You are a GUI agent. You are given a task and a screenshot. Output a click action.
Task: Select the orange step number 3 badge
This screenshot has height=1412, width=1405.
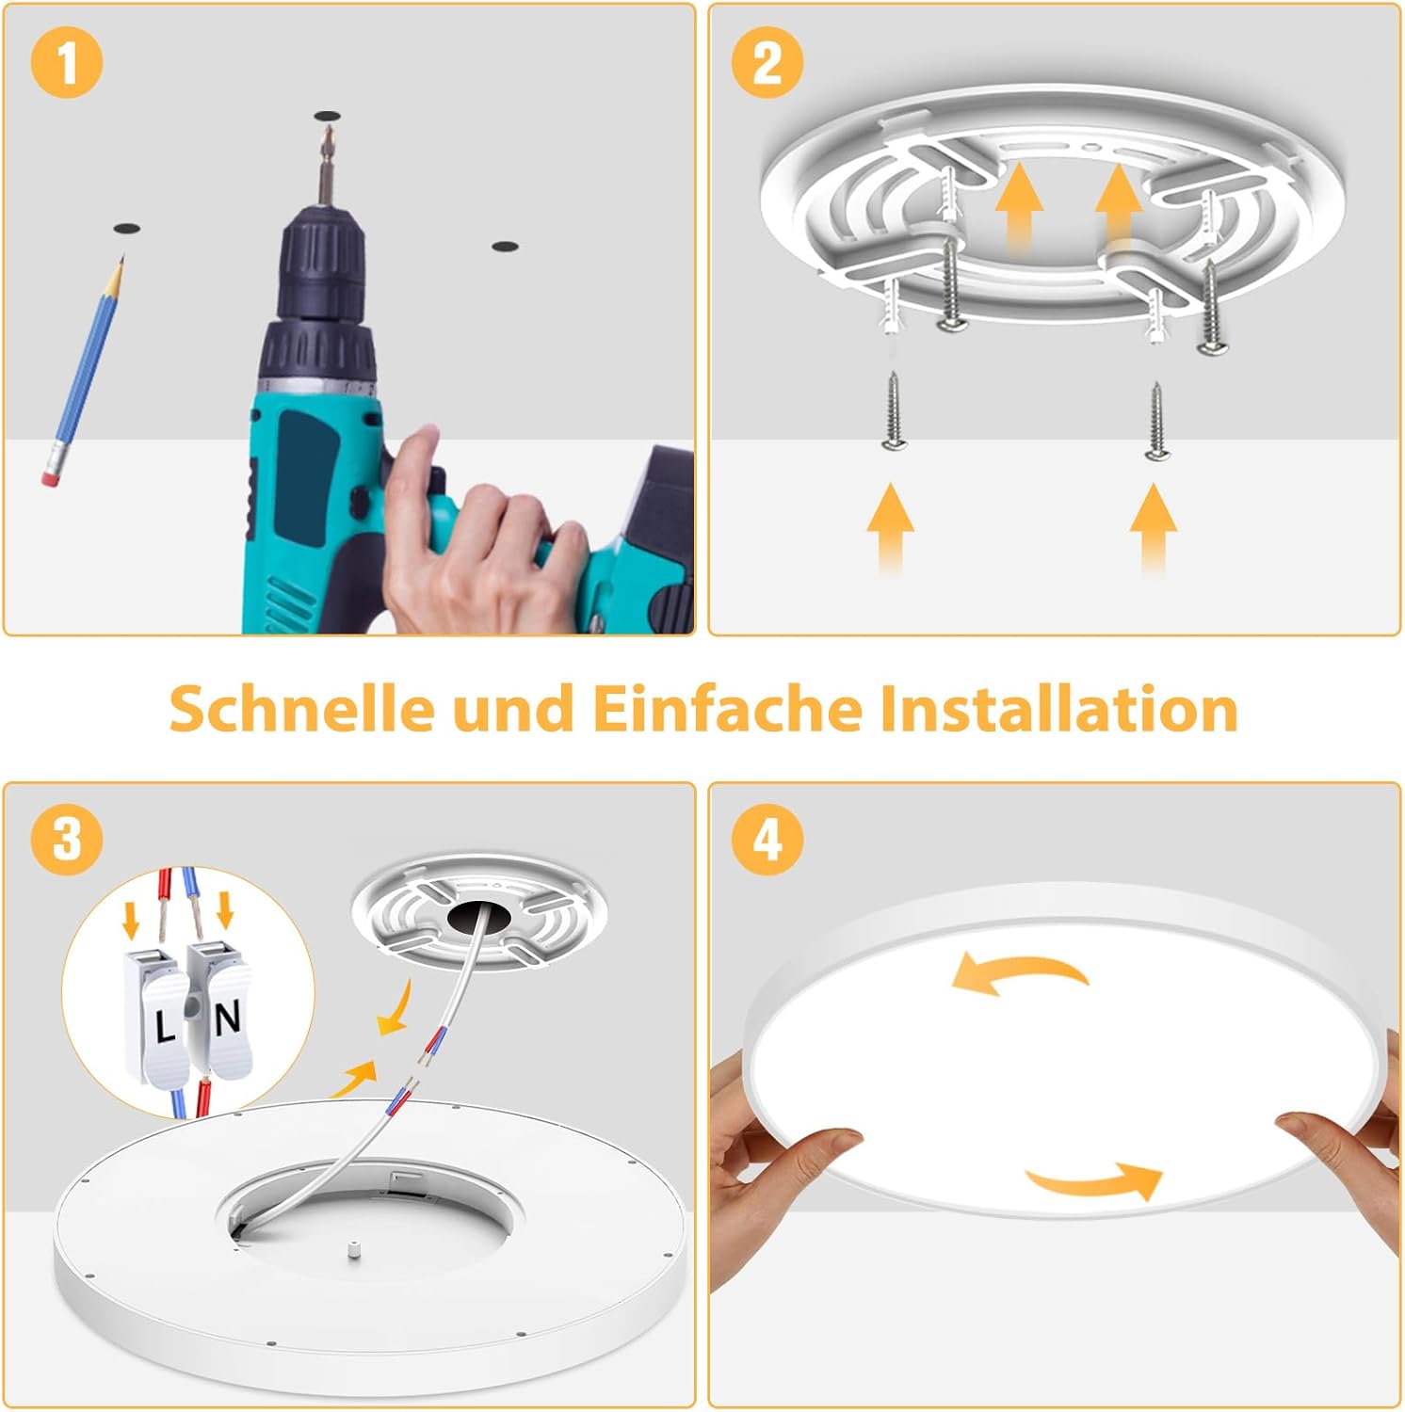click(66, 837)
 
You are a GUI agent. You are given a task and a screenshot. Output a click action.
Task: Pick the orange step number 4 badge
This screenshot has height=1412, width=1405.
click(767, 837)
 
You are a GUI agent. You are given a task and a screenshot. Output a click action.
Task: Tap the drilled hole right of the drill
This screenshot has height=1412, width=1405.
click(505, 247)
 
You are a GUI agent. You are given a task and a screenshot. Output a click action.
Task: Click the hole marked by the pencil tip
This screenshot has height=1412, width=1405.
click(126, 230)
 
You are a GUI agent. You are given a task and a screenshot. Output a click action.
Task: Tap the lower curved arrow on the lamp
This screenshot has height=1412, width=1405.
click(1094, 1179)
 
